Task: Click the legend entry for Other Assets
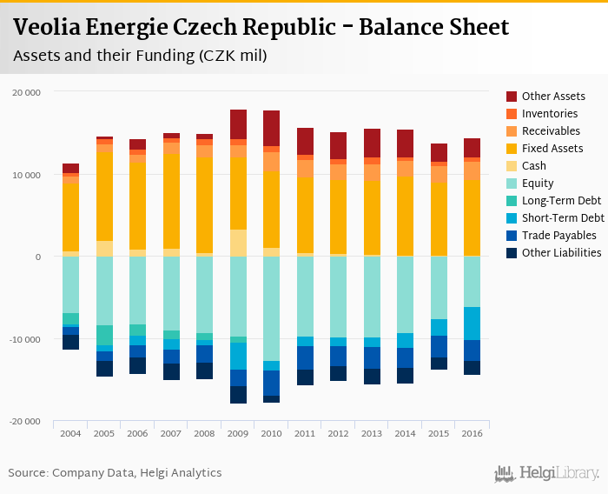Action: (x=553, y=97)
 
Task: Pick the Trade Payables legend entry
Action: (x=559, y=236)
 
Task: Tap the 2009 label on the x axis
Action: (x=238, y=433)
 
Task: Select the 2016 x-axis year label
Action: (x=471, y=433)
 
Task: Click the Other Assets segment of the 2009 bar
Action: (x=238, y=124)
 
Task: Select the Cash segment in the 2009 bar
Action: (x=238, y=243)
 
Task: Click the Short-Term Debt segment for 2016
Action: (x=471, y=324)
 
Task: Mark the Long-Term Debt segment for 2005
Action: (x=104, y=335)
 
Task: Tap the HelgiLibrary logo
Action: (x=547, y=474)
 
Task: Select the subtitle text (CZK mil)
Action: (x=232, y=57)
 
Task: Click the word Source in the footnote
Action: (x=28, y=473)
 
